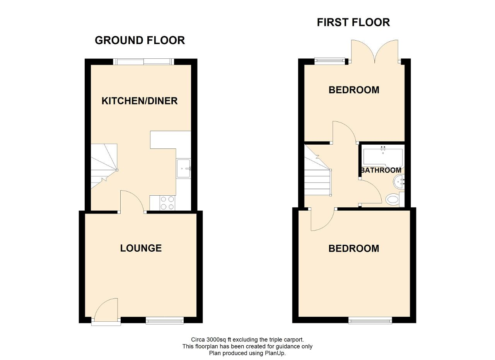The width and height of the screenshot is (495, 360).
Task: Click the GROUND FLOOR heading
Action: tap(140, 41)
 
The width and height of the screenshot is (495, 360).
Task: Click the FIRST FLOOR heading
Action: tap(353, 22)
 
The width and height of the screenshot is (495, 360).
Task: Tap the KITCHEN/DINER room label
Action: tap(140, 101)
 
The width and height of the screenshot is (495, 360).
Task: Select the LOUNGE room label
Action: tap(141, 248)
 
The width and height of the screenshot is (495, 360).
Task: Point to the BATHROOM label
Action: tap(381, 170)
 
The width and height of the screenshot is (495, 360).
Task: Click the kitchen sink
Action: tap(183, 169)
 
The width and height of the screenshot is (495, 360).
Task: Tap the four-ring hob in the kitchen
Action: tap(167, 203)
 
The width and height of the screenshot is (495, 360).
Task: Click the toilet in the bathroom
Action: tap(395, 199)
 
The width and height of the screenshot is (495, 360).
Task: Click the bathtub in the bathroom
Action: tap(383, 156)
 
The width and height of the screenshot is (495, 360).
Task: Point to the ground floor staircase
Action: tap(104, 166)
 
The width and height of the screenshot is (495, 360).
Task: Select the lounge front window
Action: tap(165, 320)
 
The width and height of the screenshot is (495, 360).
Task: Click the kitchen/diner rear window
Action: tap(143, 61)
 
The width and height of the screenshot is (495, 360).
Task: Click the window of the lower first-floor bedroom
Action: tap(370, 320)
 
